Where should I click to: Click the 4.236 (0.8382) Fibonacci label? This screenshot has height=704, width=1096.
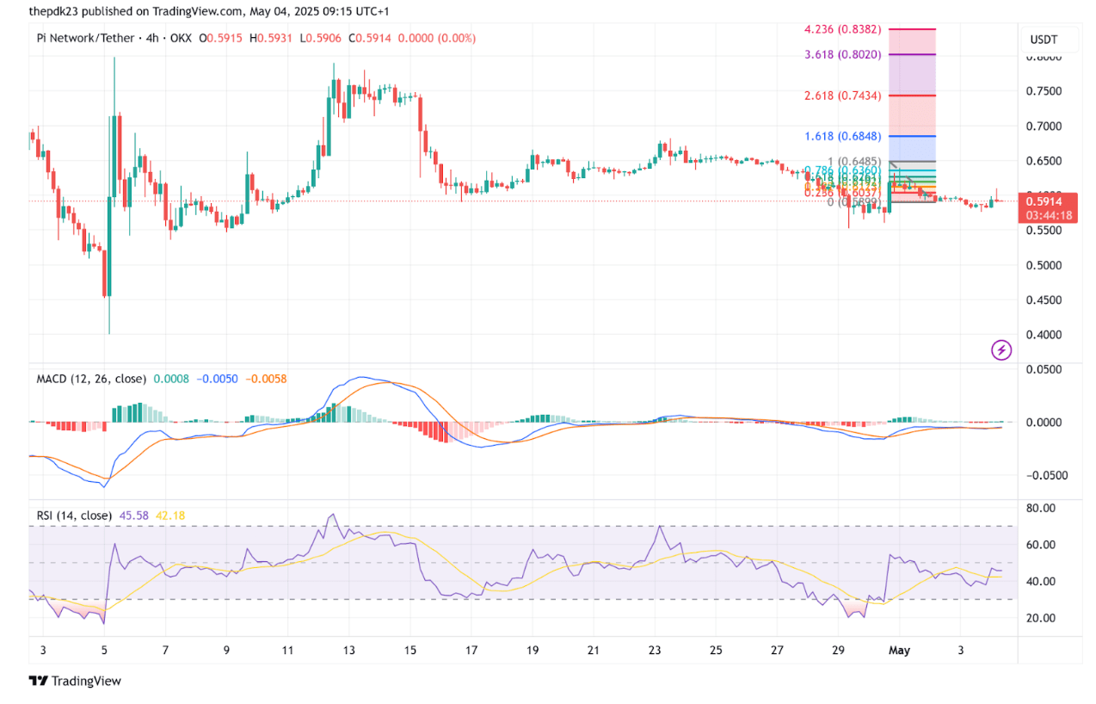(842, 28)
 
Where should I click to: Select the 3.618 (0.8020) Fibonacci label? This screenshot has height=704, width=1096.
(842, 53)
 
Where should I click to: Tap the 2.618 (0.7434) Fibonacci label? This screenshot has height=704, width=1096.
(842, 96)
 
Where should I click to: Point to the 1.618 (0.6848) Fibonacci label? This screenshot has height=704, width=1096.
(842, 137)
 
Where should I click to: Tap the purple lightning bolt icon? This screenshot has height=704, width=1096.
(1001, 349)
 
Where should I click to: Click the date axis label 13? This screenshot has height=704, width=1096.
(348, 652)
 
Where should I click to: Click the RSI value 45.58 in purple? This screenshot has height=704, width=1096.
(133, 516)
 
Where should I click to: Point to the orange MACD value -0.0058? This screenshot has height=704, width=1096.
(267, 379)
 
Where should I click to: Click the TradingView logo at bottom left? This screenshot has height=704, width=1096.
(76, 681)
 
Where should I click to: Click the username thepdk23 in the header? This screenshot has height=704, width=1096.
(56, 12)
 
